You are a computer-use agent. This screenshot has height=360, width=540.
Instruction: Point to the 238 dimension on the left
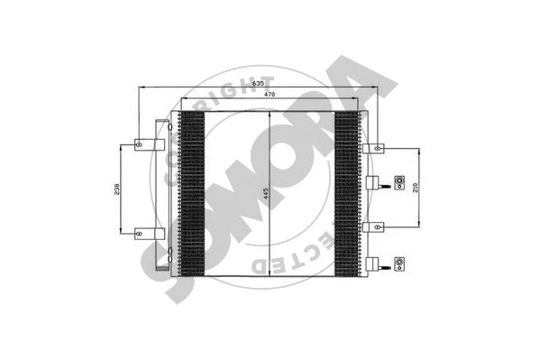click(114, 189)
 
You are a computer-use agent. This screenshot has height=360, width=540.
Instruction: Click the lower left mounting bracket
click(149, 234)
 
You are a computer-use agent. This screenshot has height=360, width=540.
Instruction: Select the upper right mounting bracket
click(371, 147)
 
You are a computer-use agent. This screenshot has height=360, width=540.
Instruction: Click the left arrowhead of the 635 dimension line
click(138, 88)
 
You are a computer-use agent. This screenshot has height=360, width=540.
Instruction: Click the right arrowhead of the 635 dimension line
click(377, 88)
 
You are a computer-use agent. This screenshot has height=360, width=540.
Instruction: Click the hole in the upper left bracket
click(140, 144)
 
